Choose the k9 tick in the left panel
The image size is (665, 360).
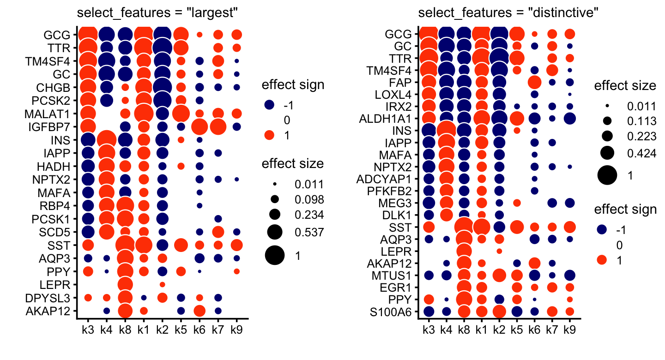(237, 330)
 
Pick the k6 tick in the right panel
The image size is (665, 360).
(535, 330)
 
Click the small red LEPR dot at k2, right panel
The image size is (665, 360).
(499, 251)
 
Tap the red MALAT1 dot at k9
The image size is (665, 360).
(237, 114)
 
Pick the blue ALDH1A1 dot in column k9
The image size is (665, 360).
(570, 118)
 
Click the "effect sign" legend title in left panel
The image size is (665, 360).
(293, 85)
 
